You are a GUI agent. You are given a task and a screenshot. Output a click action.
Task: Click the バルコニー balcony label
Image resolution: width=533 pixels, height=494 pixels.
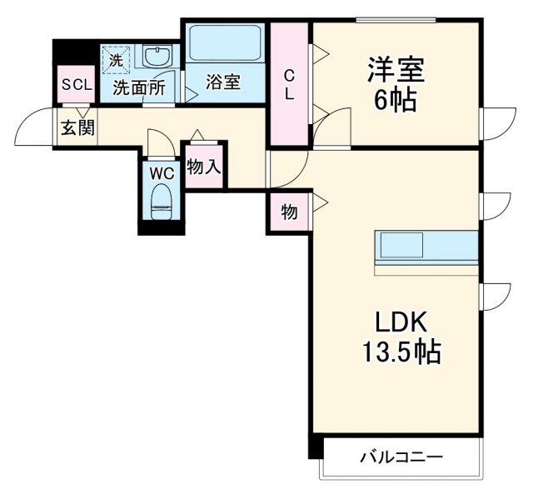coord(401,457)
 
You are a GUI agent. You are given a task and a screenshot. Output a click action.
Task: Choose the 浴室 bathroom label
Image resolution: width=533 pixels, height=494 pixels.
coord(223,82)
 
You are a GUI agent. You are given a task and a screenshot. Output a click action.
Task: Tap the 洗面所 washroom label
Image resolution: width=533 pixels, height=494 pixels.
coord(139,85)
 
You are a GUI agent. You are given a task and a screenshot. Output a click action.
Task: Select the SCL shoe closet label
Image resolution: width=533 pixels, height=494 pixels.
coord(76,85)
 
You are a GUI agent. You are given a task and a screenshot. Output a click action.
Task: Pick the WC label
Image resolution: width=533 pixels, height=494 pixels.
coord(161,173)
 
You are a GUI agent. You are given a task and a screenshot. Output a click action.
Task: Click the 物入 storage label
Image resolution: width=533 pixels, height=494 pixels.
coord(204,167)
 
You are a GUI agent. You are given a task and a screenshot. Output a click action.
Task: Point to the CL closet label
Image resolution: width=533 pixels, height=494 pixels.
coord(289,83)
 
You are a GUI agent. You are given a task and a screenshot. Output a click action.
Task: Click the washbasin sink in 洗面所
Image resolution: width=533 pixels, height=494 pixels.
coord(157,57)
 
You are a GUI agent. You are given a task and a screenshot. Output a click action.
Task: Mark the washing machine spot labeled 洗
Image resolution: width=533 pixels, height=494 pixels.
coord(117,60)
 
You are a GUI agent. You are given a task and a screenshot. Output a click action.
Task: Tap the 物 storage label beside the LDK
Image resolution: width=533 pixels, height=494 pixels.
coord(288,212)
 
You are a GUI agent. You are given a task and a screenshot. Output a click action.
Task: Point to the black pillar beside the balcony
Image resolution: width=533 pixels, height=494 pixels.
coord(315,447)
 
